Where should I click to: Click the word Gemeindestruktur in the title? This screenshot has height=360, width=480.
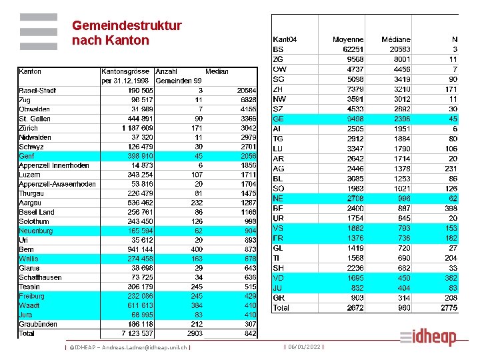point(127,26)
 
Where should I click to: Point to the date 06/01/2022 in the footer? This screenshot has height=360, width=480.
point(304,347)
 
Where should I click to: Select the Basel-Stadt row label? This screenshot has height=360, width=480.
point(37,90)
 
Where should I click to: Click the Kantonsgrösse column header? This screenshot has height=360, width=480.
point(126,71)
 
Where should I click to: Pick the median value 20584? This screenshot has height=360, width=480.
point(246,90)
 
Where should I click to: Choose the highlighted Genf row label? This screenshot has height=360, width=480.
point(27,155)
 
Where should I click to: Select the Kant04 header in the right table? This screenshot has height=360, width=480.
point(285,40)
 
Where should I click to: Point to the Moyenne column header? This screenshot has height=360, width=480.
point(348,40)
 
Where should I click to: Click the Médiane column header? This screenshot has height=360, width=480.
point(396,40)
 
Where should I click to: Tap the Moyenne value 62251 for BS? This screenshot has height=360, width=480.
point(353,49)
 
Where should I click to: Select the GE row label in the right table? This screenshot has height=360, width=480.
point(279,119)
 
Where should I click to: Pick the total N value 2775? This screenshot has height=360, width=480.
point(449,308)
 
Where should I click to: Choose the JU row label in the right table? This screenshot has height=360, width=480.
point(278,288)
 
